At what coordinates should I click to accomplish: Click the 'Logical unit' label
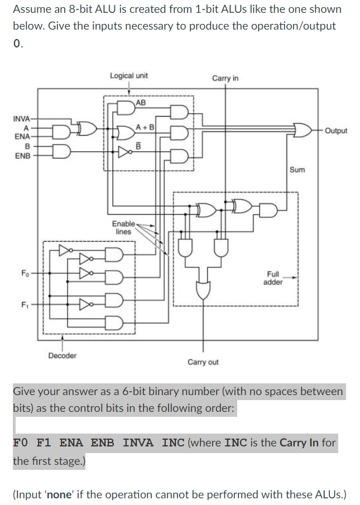point(129,75)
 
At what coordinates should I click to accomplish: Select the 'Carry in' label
point(225,78)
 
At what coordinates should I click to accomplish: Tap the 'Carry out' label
point(203,362)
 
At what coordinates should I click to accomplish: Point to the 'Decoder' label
point(63,355)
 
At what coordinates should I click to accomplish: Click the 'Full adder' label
point(273,278)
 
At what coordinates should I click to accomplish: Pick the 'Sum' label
point(297,169)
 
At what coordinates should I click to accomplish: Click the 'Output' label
point(335,131)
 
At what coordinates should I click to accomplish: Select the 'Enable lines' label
point(123,227)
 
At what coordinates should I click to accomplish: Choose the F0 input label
point(25,273)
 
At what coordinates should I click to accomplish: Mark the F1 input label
point(25,305)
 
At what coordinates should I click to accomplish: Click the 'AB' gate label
point(141,103)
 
